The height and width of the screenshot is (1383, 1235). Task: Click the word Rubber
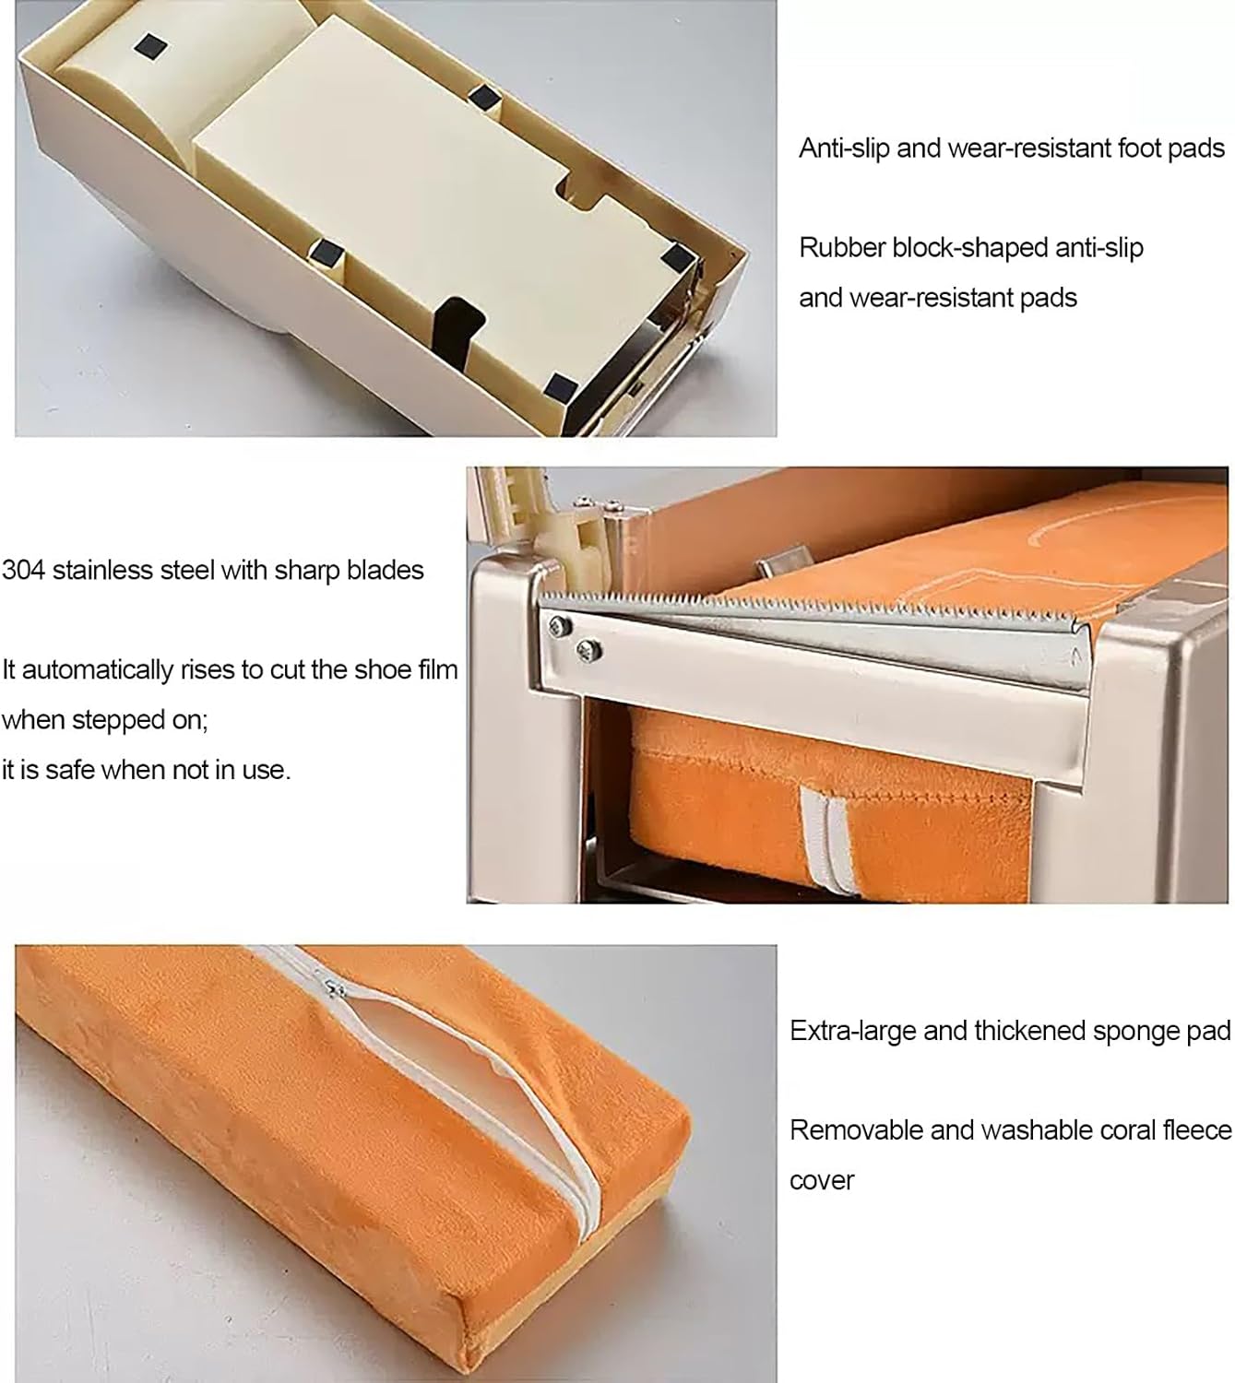click(841, 247)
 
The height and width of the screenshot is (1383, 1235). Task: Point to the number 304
click(23, 570)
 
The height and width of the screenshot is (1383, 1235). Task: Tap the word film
click(438, 669)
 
